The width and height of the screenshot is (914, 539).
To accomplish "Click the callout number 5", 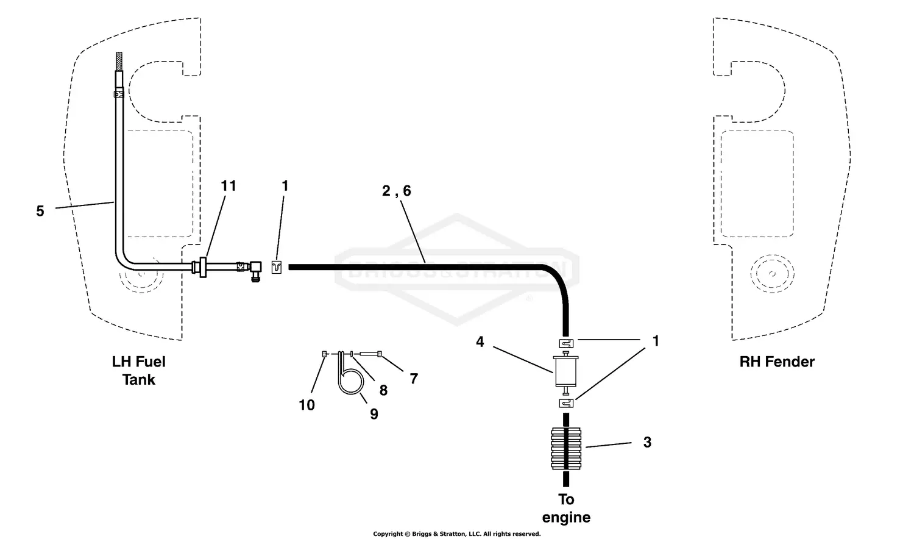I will point(40,212).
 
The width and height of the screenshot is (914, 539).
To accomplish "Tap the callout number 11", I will point(228,186).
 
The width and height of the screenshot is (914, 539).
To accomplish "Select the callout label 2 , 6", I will point(397,191).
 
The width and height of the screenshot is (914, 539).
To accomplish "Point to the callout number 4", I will point(480,342).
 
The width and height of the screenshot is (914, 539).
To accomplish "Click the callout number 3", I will point(647,443).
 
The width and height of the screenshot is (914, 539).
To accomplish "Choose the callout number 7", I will point(414,379).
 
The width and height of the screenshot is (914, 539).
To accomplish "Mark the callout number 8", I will point(383,391).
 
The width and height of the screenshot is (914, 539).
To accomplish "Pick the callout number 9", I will point(374,415).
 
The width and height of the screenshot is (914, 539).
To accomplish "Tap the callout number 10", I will point(306,405).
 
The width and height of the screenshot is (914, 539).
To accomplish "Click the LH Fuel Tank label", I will point(139,371).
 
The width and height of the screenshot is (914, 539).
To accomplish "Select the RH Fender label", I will point(777,362).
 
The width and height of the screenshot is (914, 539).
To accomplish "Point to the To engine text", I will point(566,509).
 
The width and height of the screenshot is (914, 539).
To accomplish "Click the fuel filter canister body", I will point(567,372).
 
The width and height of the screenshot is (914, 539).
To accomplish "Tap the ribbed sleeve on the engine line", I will point(567,448).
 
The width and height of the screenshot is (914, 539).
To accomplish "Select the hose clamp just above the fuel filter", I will point(567,343).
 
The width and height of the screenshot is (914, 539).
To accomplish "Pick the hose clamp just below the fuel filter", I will point(567,403).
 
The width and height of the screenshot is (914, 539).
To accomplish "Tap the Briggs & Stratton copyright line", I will point(456,534).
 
